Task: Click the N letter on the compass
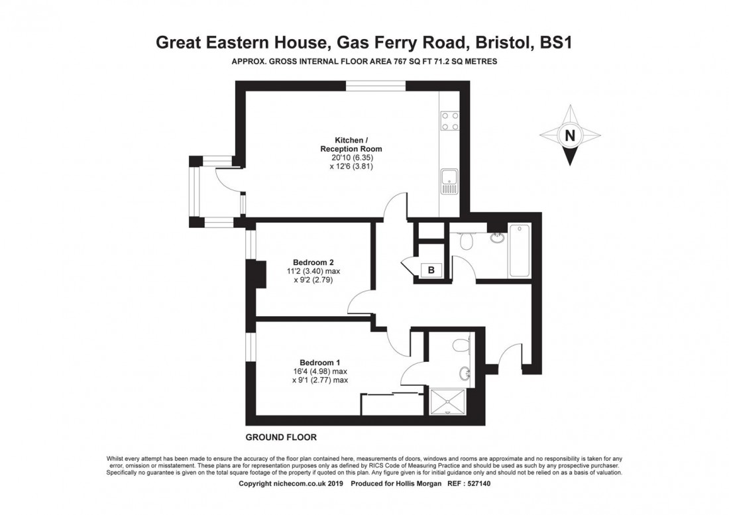[569, 136]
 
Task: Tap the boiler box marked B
[431, 270]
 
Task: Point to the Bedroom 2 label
[313, 262]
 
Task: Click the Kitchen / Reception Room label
[351, 144]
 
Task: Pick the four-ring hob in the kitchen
[449, 121]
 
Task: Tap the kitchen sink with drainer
[449, 182]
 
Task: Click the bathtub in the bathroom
[520, 251]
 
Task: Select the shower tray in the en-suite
[448, 402]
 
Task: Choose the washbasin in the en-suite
[464, 372]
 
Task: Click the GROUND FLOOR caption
[281, 437]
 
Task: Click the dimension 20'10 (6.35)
[351, 158]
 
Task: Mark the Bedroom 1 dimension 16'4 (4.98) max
[320, 371]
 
